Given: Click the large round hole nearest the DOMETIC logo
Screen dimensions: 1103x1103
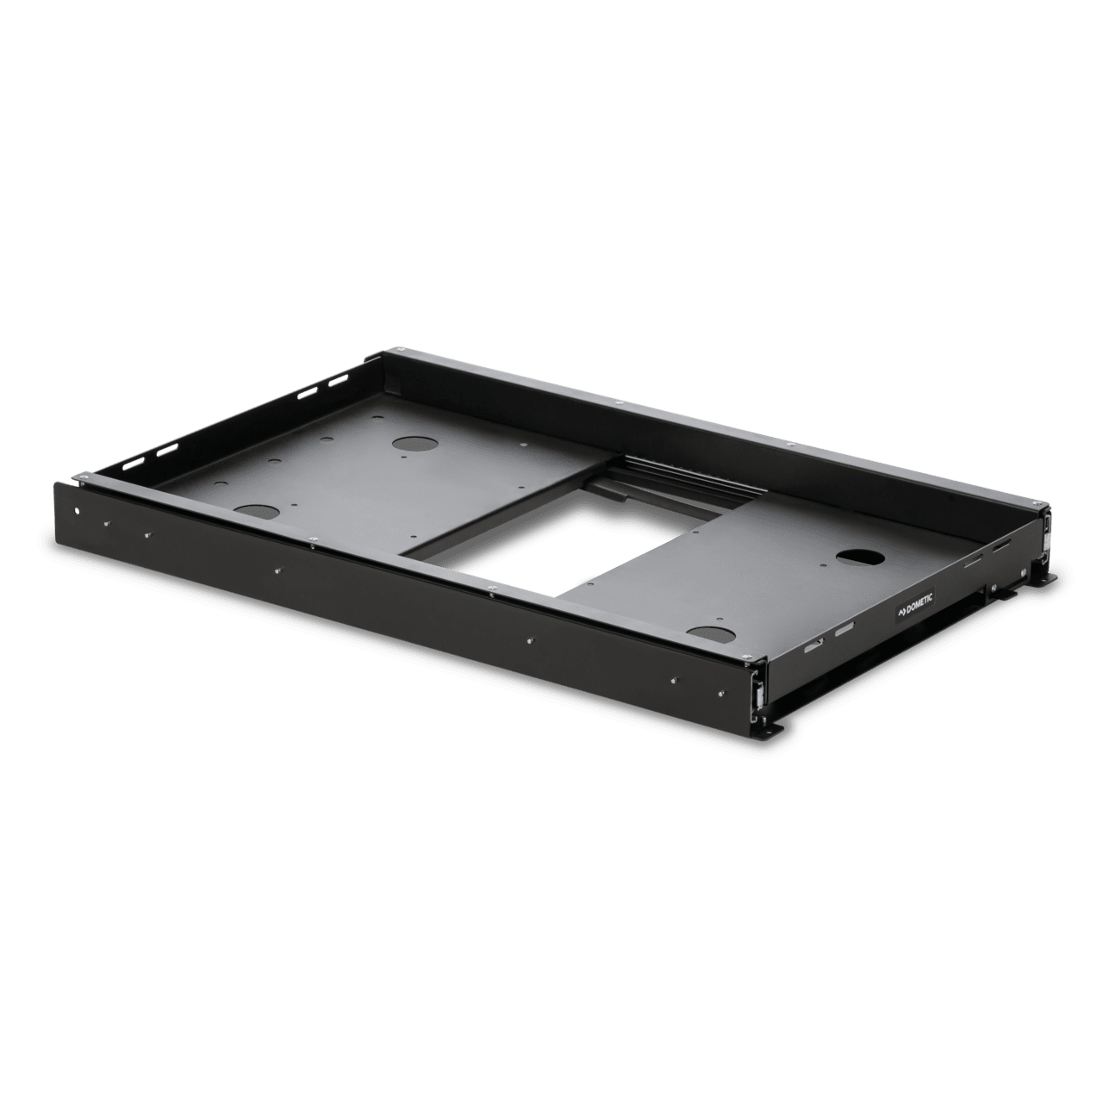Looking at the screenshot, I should [x=858, y=556].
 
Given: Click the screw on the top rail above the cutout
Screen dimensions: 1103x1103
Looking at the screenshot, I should [x=489, y=589].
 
